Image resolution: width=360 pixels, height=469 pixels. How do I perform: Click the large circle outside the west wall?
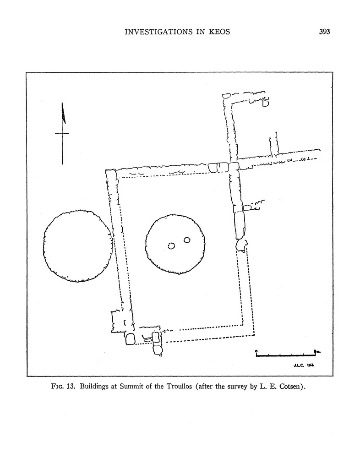pyautogui.click(x=78, y=246)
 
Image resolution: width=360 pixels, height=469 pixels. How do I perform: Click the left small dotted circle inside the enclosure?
pyautogui.click(x=171, y=246)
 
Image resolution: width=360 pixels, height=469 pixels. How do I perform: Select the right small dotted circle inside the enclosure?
pyautogui.click(x=187, y=240)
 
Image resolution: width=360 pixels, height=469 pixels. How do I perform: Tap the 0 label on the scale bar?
pyautogui.click(x=256, y=351)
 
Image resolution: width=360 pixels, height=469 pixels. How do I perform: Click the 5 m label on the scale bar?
pyautogui.click(x=316, y=351)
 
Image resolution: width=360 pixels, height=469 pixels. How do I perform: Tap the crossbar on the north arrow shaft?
pyautogui.click(x=62, y=133)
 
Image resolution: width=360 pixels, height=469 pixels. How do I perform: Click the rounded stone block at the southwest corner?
pyautogui.click(x=130, y=339)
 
